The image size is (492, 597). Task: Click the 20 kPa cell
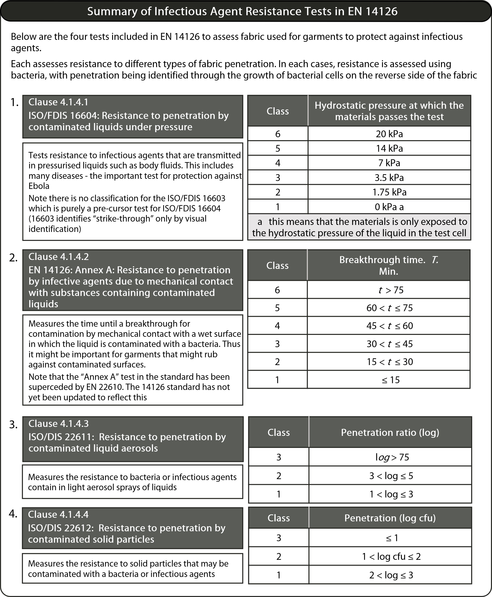click(389, 134)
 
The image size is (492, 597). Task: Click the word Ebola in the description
click(39, 186)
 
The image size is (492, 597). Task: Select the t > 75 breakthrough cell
click(391, 290)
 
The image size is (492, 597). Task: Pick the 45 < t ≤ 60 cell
click(389, 326)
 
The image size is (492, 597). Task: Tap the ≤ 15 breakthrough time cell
click(391, 380)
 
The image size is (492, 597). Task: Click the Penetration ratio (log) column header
click(390, 432)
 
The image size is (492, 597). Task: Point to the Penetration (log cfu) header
click(390, 518)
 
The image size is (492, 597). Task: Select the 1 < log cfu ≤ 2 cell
click(391, 556)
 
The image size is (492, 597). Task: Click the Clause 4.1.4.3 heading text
click(58, 424)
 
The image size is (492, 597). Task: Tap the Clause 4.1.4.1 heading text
click(58, 102)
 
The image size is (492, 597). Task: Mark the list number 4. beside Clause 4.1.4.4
click(13, 514)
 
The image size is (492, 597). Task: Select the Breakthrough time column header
click(389, 265)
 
